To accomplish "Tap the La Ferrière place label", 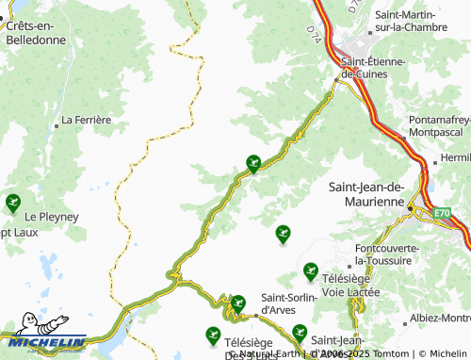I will tap(86, 121).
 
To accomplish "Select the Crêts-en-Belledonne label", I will tap(36, 34).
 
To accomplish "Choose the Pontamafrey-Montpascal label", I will tap(440, 126).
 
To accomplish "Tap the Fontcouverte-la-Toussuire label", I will tap(387, 254).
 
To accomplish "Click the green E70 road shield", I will tap(443, 215).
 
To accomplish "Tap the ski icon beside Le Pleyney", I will tap(13, 201).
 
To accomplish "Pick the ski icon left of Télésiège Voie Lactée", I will tap(310, 272).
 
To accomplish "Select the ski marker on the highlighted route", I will tap(252, 163).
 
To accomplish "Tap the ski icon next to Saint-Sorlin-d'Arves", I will tap(238, 303).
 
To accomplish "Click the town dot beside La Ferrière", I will tap(56, 121).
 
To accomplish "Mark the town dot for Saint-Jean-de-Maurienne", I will tap(411, 202).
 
